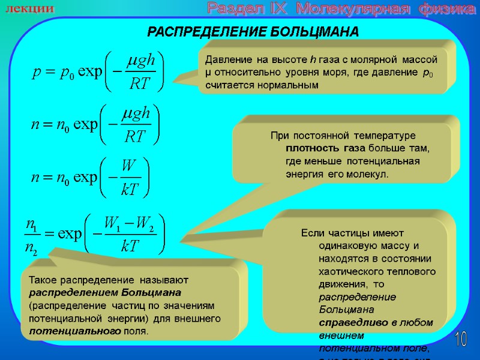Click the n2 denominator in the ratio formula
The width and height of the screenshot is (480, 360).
coord(31,247)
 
